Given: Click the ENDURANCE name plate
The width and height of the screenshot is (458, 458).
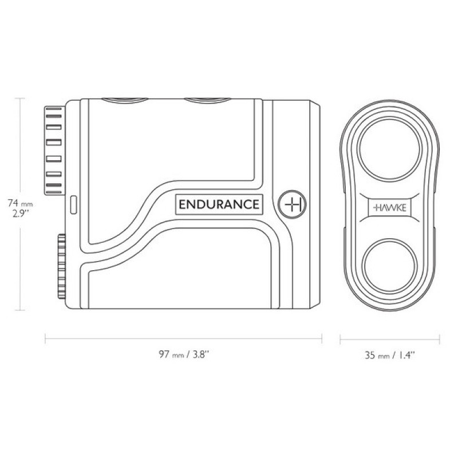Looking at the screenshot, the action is (219, 204).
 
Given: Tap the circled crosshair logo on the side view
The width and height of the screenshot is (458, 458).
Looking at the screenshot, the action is (292, 204).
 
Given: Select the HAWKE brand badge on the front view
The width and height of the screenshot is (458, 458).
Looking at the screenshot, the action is (390, 208).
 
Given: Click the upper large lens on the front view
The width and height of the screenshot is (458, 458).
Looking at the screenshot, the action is (390, 149).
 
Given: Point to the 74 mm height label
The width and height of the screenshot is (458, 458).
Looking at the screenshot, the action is (20, 203).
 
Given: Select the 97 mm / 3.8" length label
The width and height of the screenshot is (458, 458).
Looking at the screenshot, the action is (184, 354).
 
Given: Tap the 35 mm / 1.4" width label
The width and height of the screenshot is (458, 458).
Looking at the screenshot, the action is (390, 355).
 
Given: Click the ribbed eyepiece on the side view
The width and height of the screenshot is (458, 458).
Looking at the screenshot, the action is (54, 150).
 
